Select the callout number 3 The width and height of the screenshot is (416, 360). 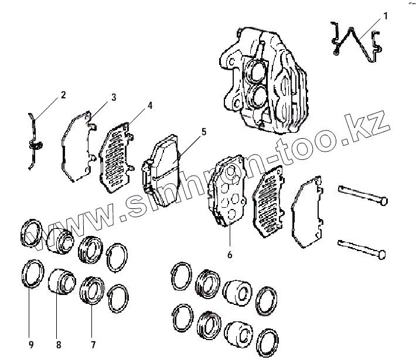pos(114,97)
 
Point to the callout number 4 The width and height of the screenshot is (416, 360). pos(150,106)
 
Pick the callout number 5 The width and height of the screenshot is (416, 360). pos(203,132)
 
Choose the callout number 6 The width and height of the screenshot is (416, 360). pos(230,255)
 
